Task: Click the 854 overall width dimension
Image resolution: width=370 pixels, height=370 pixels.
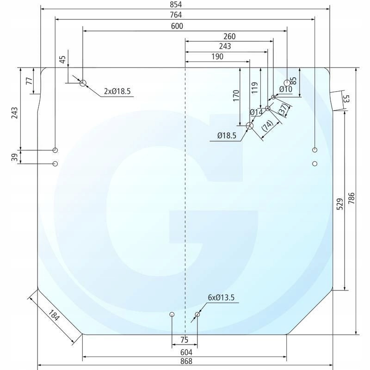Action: [176, 5]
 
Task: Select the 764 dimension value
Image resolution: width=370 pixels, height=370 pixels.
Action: [176, 15]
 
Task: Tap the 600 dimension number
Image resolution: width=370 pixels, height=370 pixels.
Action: [177, 26]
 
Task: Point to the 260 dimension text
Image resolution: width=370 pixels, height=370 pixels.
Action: [229, 37]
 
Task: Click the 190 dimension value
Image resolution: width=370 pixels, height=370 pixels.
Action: [217, 56]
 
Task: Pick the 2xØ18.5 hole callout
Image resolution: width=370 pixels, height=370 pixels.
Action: [117, 91]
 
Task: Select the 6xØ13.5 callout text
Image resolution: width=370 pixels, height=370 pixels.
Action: [221, 297]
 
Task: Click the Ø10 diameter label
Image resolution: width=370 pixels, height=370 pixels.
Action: [285, 89]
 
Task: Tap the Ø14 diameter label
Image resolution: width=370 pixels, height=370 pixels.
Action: [256, 112]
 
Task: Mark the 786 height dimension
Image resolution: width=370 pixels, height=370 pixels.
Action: [351, 198]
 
